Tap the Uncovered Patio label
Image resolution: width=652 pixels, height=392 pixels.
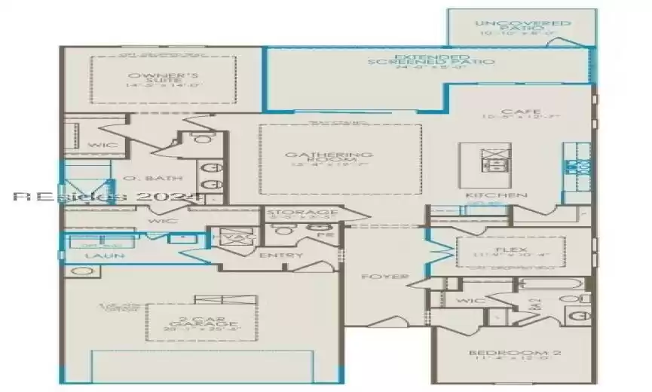(523, 24)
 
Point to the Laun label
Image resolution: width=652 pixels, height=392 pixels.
(105, 256)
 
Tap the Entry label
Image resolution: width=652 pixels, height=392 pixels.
(280, 256)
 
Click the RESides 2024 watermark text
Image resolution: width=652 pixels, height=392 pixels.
(108, 197)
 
